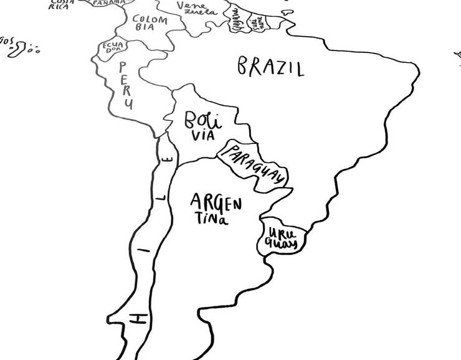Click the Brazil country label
click(x=270, y=67)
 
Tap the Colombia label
click(x=150, y=24)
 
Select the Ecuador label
click(x=113, y=49)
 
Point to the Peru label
click(x=126, y=85)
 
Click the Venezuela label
click(x=196, y=9)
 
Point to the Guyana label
click(x=236, y=20)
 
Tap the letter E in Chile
click(x=166, y=159)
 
